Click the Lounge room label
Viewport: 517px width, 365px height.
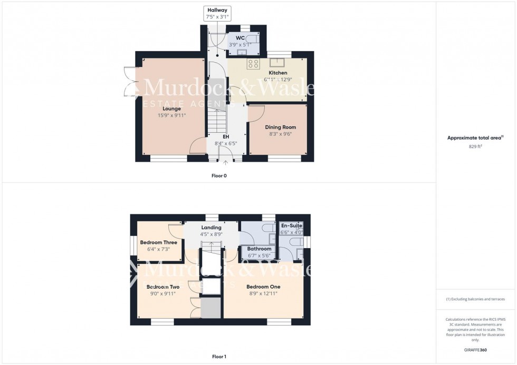click(172, 108)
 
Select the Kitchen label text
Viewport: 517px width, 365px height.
click(278, 73)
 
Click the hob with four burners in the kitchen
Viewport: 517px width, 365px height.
click(253, 64)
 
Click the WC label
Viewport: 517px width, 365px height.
click(240, 38)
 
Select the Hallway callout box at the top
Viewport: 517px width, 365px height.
click(217, 13)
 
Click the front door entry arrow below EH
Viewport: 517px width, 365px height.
click(226, 163)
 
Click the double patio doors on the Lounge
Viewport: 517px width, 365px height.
click(130, 82)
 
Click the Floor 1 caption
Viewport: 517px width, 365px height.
click(218, 357)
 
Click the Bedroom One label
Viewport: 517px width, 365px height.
click(263, 287)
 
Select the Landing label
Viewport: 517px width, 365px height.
click(211, 228)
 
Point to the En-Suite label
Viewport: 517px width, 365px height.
click(291, 225)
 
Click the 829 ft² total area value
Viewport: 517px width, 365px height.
click(475, 146)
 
